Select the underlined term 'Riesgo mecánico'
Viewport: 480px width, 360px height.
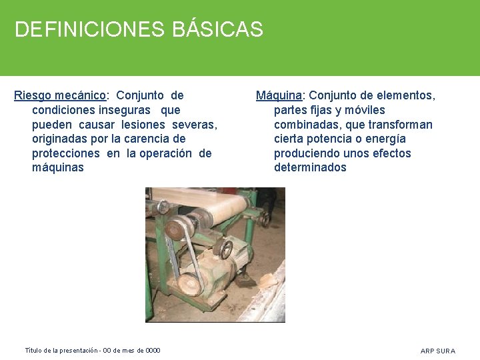point(60,95)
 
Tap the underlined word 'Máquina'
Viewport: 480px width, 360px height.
point(279,95)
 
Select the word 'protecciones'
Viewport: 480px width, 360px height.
point(67,153)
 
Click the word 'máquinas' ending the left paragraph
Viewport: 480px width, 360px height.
point(58,168)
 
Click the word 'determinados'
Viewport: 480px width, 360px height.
point(310,168)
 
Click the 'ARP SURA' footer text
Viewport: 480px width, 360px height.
point(438,351)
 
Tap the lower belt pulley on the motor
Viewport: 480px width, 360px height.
point(191,284)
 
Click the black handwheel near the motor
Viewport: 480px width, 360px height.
point(225,250)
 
